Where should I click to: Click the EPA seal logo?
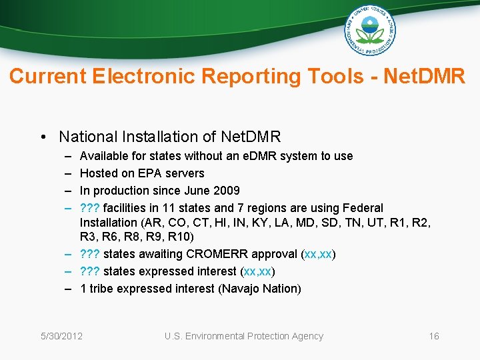click(x=370, y=30)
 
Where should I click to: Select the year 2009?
click(x=227, y=191)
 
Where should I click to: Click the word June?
click(x=197, y=191)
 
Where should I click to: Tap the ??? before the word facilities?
click(x=90, y=208)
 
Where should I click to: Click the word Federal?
click(x=363, y=208)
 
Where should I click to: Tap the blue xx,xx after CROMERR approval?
click(x=319, y=254)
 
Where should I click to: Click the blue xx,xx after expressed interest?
click(x=258, y=271)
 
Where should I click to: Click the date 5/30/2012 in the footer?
click(x=61, y=336)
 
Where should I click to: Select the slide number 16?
click(x=434, y=336)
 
